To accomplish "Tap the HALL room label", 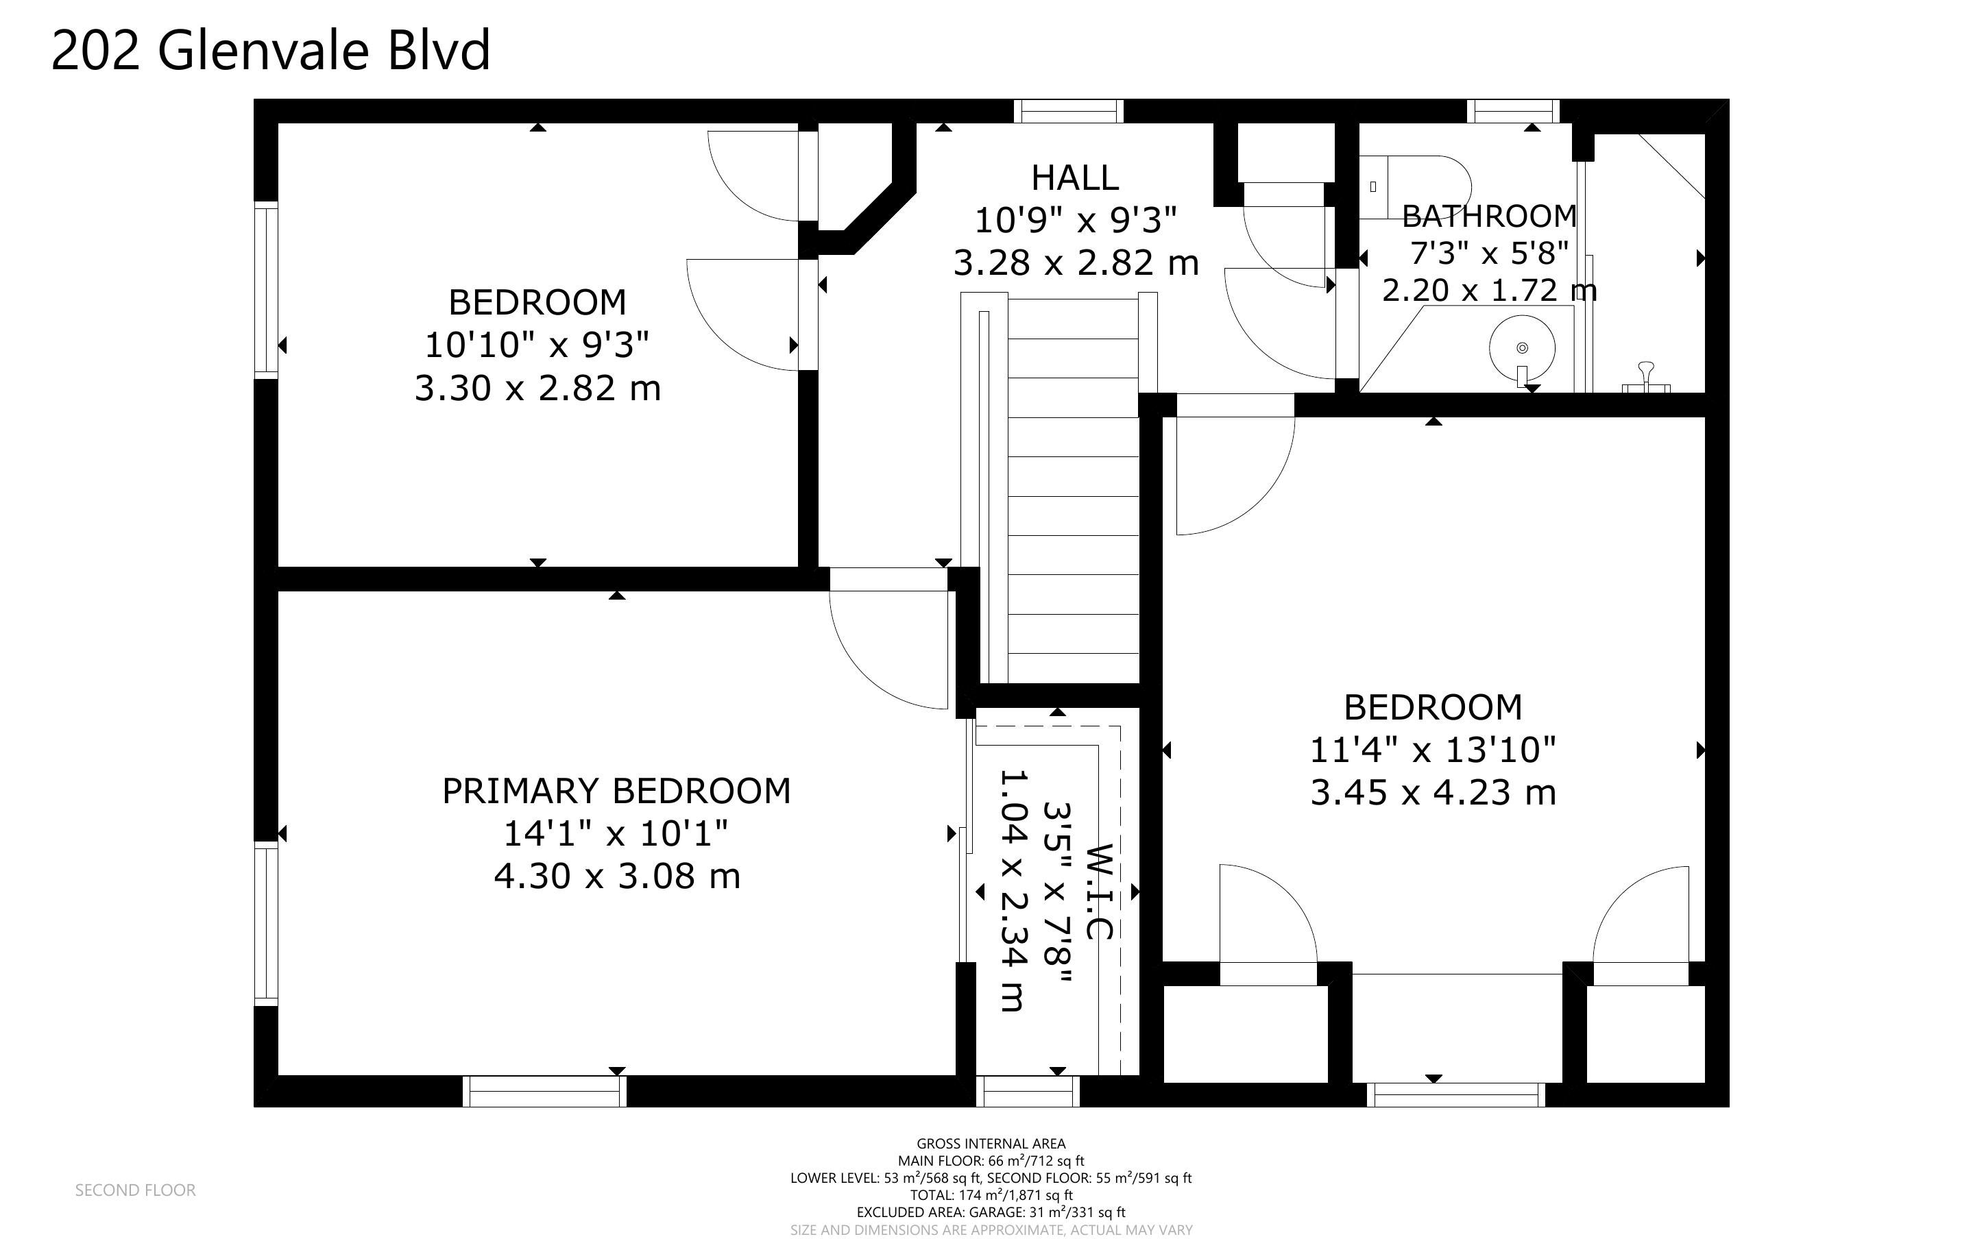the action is click(x=1074, y=177).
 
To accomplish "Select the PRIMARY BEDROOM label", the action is click(x=616, y=791).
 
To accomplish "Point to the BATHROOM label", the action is click(x=1489, y=217).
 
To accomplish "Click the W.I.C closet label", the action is click(x=1100, y=892).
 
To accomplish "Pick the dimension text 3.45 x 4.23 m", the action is click(x=1433, y=792).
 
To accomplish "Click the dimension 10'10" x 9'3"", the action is click(x=537, y=345).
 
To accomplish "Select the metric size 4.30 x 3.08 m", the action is click(x=616, y=876).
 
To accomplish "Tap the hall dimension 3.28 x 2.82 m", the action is click(x=1075, y=263).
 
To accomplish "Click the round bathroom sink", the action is click(x=1522, y=347).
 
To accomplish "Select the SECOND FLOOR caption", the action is click(x=135, y=1190).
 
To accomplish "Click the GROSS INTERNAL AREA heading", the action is click(x=991, y=1143).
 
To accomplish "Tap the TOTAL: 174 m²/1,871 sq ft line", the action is click(x=991, y=1194).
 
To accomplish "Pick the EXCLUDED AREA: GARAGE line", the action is click(x=991, y=1212).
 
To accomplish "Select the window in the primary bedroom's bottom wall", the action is click(x=545, y=1092).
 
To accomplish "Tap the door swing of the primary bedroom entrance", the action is click(x=888, y=650).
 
